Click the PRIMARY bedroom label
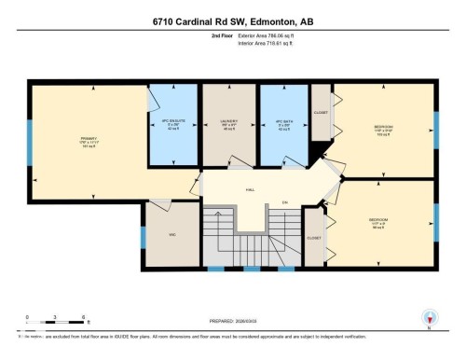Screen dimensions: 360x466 coord(89,142)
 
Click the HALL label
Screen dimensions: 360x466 coord(250,189)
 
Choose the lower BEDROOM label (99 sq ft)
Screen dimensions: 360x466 coord(378,222)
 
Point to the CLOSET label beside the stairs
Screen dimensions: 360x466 coord(314,238)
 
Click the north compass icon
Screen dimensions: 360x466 coord(430,316)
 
